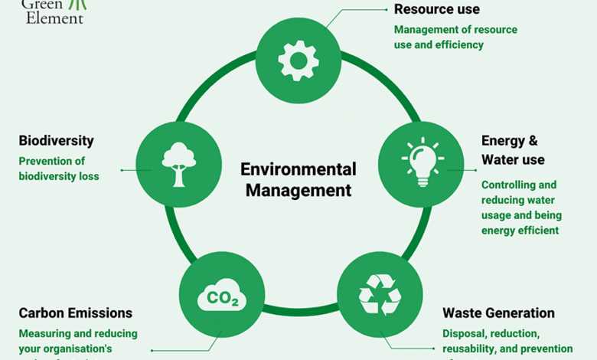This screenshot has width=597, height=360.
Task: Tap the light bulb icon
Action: (x=420, y=162)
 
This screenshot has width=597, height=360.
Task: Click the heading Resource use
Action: (x=436, y=9)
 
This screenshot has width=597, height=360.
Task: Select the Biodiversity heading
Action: (x=56, y=141)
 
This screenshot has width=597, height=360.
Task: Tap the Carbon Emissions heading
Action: (x=75, y=313)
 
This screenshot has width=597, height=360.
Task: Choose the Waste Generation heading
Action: (x=498, y=313)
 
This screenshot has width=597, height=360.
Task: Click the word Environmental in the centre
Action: (x=298, y=169)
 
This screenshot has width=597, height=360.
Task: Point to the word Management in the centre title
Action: (x=298, y=189)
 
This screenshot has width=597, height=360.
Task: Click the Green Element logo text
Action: (x=54, y=11)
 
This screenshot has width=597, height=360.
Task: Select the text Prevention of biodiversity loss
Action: (x=59, y=169)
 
